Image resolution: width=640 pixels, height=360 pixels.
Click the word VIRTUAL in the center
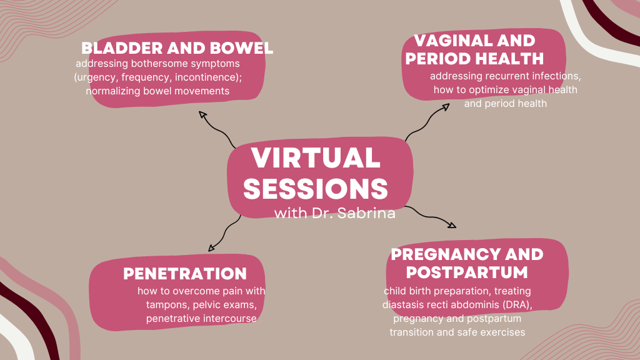click(316, 157)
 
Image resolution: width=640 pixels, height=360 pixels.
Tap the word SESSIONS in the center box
click(316, 189)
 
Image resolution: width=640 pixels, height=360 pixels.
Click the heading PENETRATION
click(185, 274)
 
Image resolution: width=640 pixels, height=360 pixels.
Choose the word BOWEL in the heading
click(241, 48)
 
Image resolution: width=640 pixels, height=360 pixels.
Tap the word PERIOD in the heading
click(436, 59)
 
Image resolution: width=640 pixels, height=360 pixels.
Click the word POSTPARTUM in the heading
click(467, 272)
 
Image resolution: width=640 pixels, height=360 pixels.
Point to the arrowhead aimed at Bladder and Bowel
click(202, 114)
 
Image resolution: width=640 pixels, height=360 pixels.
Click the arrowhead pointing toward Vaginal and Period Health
click(445, 107)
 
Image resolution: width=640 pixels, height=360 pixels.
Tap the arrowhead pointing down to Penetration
click(211, 247)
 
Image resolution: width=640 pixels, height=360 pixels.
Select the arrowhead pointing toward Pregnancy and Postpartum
click(452, 224)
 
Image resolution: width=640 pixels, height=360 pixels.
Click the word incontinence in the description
click(207, 77)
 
